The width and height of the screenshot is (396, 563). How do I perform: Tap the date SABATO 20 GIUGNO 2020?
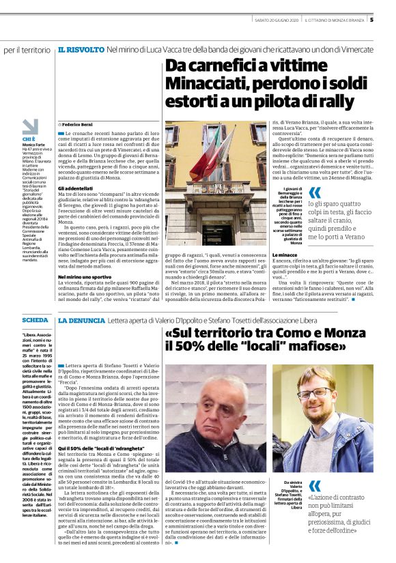(276, 20)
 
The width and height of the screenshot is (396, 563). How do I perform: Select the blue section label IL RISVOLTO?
(81, 50)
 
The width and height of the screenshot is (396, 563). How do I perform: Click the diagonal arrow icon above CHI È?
(29, 126)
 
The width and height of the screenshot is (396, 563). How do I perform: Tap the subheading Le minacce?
(323, 254)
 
